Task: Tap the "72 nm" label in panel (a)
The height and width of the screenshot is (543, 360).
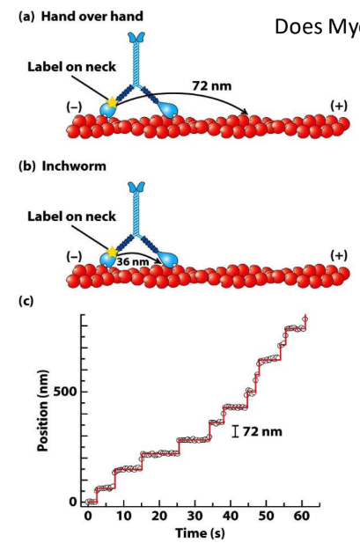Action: point(212,86)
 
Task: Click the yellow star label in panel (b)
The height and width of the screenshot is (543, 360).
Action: point(113,252)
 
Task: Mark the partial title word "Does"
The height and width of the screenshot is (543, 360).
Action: point(298,26)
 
